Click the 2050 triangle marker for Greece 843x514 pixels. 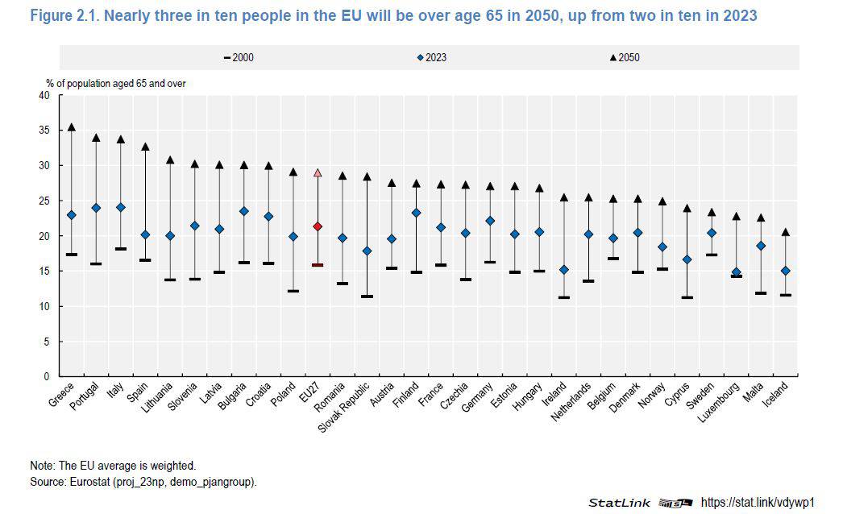72,127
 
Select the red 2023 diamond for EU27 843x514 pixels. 318,226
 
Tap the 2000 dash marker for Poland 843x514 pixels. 293,291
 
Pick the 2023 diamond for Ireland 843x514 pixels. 563,270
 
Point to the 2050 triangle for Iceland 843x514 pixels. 784,232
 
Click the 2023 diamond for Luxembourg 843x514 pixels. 735,272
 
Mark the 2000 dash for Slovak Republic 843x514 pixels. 367,296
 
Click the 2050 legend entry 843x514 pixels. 625,57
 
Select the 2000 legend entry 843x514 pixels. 239,57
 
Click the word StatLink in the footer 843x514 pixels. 618,503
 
